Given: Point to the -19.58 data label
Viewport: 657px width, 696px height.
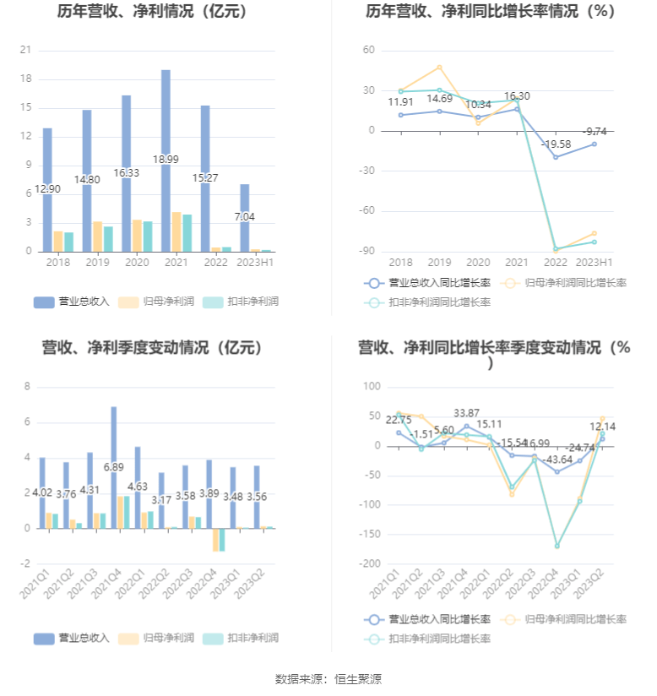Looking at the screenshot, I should coord(555,144).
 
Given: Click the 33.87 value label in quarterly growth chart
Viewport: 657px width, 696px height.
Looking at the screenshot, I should coord(466,413).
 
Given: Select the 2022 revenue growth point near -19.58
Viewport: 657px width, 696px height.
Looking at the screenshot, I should coord(555,157).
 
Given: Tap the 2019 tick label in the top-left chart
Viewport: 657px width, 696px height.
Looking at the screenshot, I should coord(97,263).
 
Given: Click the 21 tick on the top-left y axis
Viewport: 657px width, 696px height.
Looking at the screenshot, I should coord(25,51).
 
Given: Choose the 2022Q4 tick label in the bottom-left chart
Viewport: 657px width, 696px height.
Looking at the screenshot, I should coord(198,581).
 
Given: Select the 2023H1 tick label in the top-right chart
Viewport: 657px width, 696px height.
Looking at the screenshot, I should coord(595,263).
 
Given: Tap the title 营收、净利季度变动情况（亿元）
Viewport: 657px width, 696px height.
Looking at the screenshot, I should coord(152,347).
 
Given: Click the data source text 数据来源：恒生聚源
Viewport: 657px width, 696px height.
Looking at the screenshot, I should coord(328,678).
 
